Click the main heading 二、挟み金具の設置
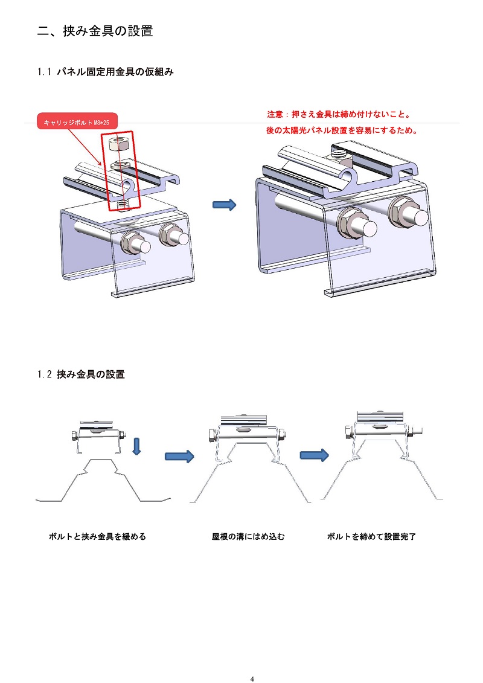[95, 31]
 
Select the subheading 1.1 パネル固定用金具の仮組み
[106, 72]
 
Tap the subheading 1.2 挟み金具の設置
[81, 374]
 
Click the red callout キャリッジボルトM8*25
[77, 123]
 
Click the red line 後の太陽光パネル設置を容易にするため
[342, 130]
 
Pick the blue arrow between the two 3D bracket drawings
[223, 205]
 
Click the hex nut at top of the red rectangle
[119, 144]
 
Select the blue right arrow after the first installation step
[179, 456]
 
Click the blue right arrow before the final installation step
[314, 455]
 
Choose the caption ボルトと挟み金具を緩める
[97, 536]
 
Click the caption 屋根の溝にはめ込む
[248, 536]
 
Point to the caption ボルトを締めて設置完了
[372, 536]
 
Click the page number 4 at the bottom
[252, 679]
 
